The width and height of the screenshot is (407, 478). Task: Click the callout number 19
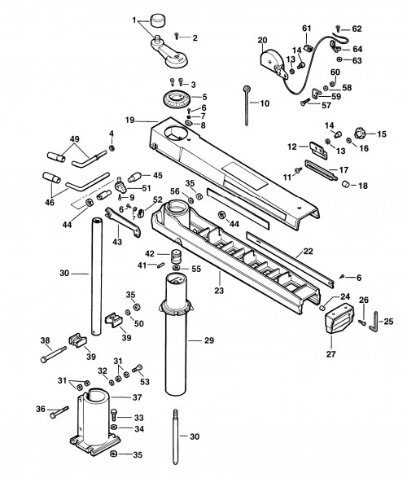pyautogui.click(x=129, y=120)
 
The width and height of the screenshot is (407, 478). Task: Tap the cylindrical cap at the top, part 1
pyautogui.click(x=157, y=20)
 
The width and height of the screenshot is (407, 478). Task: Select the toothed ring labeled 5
pyautogui.click(x=176, y=99)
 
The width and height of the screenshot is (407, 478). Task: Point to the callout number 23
pyautogui.click(x=219, y=290)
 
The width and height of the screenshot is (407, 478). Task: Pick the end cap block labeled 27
pyautogui.click(x=339, y=318)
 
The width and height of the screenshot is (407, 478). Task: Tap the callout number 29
pyautogui.click(x=209, y=340)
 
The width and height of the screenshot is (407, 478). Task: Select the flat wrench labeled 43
pyautogui.click(x=123, y=222)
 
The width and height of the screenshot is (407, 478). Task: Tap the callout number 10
pyautogui.click(x=265, y=103)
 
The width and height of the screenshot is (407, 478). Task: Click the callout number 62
pyautogui.click(x=357, y=29)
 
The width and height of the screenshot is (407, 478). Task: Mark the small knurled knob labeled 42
pyautogui.click(x=176, y=257)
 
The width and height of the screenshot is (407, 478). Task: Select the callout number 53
pyautogui.click(x=145, y=381)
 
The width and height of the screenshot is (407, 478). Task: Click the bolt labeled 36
pyautogui.click(x=60, y=411)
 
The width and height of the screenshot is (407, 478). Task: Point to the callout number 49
pyautogui.click(x=75, y=139)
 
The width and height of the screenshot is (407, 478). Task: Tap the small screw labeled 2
pyautogui.click(x=177, y=36)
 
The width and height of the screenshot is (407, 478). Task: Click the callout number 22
pyautogui.click(x=309, y=252)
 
